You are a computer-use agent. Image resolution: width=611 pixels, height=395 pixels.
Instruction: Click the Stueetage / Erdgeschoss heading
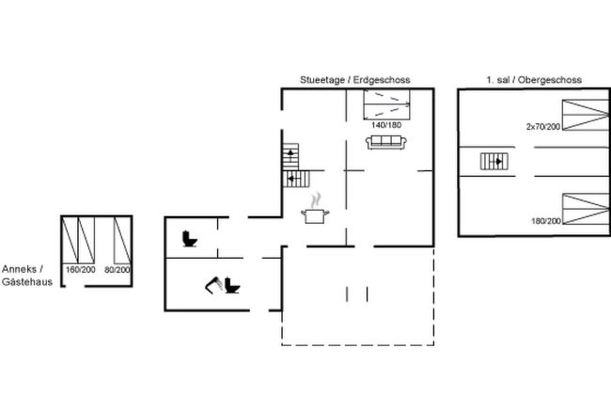point(355,80)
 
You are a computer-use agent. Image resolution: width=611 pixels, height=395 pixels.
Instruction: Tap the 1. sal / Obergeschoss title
point(534,80)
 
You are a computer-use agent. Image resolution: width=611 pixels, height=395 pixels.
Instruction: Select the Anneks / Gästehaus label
point(27,276)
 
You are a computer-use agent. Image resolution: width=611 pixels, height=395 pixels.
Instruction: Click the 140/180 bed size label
point(386,125)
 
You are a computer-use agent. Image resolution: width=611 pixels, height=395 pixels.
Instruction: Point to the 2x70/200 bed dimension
point(543,127)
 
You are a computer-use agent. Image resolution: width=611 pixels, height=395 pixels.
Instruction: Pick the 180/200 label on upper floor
point(546,221)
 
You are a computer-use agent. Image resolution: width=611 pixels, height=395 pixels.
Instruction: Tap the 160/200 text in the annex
point(81,269)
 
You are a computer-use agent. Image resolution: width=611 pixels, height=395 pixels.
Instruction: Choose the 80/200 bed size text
point(117,269)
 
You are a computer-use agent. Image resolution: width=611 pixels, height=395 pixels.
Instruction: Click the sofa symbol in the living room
point(386,142)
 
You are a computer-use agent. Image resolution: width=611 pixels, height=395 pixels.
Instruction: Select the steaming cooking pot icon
point(315,209)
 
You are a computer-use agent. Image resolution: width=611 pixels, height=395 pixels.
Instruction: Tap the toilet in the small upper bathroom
point(190,239)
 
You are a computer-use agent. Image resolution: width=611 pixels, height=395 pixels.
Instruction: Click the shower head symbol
point(213,285)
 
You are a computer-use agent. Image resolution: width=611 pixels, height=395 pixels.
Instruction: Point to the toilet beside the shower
point(232,285)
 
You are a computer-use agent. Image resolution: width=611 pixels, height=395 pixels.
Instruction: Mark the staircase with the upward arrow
point(290,157)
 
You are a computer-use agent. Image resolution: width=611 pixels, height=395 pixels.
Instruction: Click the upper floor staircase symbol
point(494,162)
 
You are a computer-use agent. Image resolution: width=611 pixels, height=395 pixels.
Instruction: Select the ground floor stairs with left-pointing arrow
point(296,179)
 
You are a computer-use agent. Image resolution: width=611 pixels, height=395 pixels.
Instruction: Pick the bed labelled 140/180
point(387,105)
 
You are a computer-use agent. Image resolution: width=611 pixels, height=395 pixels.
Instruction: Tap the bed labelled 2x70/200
point(586,115)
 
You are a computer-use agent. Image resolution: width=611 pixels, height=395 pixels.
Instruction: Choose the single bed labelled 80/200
point(122,240)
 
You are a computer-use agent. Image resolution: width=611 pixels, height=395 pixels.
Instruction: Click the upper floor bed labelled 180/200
point(586,209)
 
